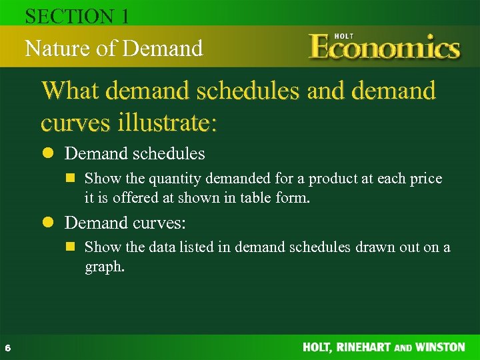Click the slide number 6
(x=7, y=347)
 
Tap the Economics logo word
(x=385, y=49)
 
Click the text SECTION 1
(x=77, y=17)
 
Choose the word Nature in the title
(x=55, y=48)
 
